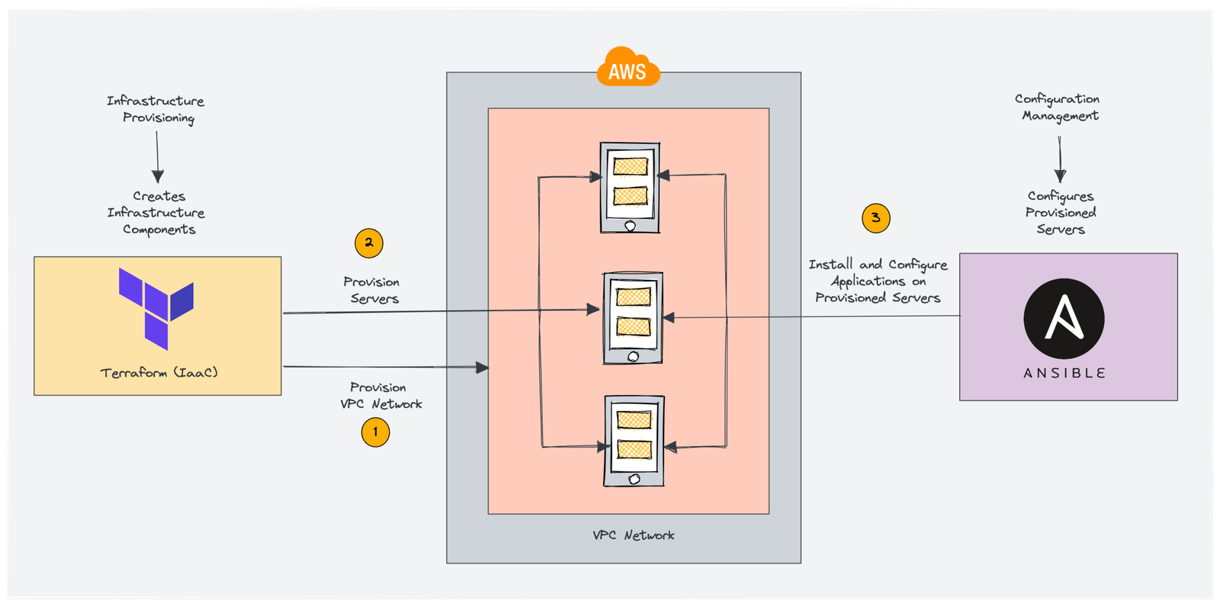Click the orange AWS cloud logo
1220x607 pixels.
tap(628, 68)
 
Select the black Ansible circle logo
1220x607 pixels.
tap(1064, 319)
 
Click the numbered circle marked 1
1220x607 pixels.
tap(375, 432)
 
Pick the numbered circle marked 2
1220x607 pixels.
tap(369, 243)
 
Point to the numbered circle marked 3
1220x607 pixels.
tap(876, 218)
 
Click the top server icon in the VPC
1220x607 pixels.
tap(630, 188)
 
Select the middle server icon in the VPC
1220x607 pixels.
tap(633, 318)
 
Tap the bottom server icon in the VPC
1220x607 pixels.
tap(634, 441)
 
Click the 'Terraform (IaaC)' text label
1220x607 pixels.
tap(159, 373)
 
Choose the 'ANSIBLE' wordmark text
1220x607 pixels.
tap(1064, 373)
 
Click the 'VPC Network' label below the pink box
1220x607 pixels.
tap(633, 535)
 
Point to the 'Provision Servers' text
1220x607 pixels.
tap(372, 291)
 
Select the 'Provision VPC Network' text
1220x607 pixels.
tap(380, 396)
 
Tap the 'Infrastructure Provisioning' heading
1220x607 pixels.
tap(156, 109)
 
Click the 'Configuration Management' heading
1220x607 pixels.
tap(1058, 108)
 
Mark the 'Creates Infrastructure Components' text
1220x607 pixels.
tap(157, 213)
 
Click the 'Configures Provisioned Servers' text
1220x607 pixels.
tap(1060, 213)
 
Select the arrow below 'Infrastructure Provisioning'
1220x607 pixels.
tap(158, 157)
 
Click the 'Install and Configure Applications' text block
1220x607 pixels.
tap(878, 281)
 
